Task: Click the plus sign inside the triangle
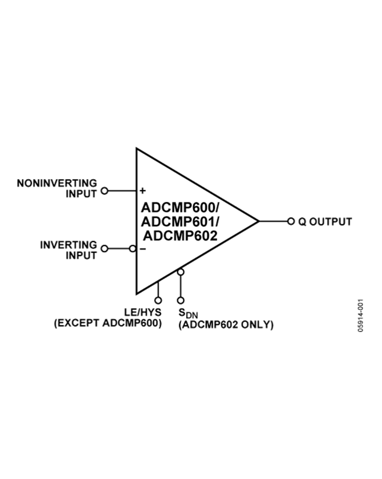pos(143,190)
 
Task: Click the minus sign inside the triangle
pos(143,249)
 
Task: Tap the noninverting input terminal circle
pos(104,190)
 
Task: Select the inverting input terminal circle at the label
pos(104,249)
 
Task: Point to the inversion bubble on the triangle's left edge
pos(132,249)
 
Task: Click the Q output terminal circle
pos(291,221)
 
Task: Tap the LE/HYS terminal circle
pos(158,300)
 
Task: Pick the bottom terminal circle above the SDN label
pos(181,300)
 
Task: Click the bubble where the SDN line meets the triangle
pos(181,272)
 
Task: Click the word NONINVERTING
pos(57,183)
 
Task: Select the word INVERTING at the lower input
pos(69,245)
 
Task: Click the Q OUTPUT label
pos(325,221)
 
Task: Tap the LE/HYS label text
pos(143,312)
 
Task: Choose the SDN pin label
pos(188,313)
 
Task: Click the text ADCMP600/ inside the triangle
pos(180,208)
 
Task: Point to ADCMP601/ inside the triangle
pos(180,222)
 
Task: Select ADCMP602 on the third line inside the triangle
pos(180,236)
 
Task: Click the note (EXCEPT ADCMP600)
pos(108,323)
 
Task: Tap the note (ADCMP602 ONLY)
pos(226,325)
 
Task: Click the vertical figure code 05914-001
pos(360,315)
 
